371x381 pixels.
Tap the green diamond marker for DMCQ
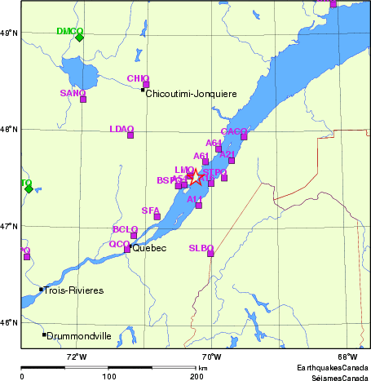pos(79,37)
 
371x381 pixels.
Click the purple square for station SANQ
pos(83,100)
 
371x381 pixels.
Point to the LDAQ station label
pos(121,129)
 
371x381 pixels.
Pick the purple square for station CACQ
pos(244,136)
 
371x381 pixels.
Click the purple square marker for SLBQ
pos(210,254)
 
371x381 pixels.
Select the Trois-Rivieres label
pos(74,290)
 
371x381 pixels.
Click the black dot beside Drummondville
pos(44,334)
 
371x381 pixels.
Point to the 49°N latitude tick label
pos(9,33)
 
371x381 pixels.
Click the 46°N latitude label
pos(9,323)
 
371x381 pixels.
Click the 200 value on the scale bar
pos(197,376)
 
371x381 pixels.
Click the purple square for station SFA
pos(157,216)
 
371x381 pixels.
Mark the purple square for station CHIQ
pos(146,85)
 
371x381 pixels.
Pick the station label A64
pos(214,143)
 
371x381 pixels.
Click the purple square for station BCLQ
pos(134,236)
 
